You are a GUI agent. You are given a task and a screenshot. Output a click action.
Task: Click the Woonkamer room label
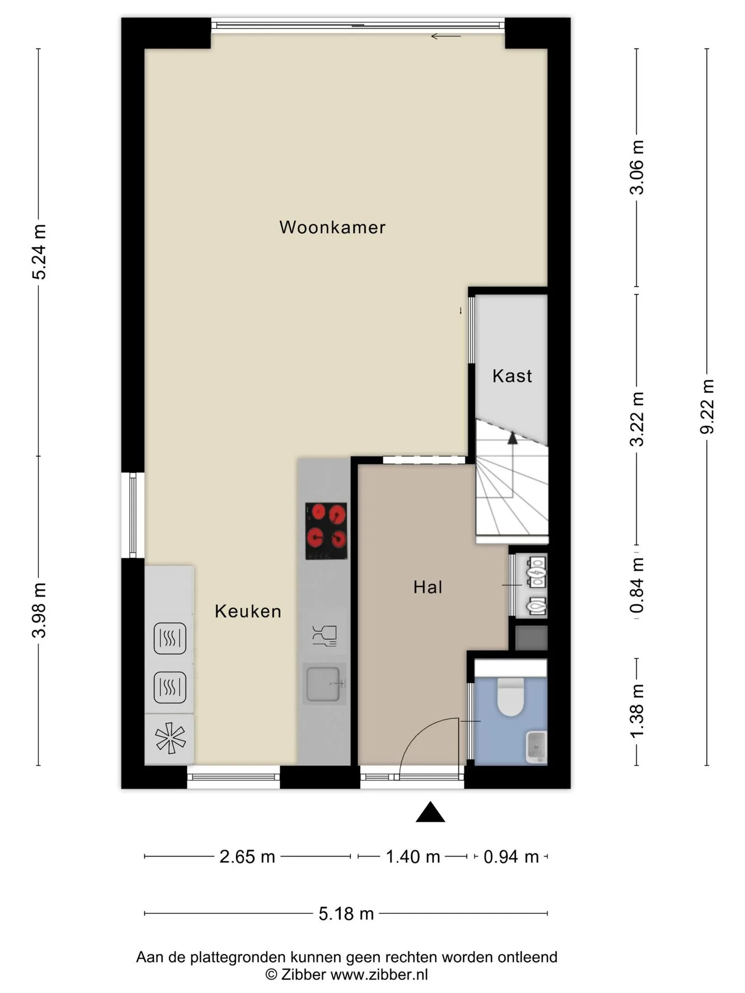click(x=332, y=227)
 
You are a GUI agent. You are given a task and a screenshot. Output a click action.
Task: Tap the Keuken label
click(x=248, y=611)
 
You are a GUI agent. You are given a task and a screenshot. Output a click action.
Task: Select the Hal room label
click(x=428, y=587)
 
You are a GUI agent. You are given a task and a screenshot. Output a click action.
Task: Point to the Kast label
click(x=512, y=376)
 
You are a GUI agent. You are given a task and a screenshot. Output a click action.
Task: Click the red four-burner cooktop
click(x=326, y=531)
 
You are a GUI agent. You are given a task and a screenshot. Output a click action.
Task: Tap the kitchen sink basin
click(x=324, y=684)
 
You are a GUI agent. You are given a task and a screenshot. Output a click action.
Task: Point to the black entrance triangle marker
click(x=430, y=811)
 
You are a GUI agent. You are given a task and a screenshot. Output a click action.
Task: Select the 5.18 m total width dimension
click(x=346, y=914)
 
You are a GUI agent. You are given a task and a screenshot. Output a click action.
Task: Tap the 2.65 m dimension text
click(x=247, y=857)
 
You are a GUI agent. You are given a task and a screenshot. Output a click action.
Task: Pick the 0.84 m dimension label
click(x=637, y=585)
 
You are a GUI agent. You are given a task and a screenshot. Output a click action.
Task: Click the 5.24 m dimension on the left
click(x=39, y=252)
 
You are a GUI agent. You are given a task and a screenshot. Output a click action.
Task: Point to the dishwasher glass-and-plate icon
click(x=325, y=636)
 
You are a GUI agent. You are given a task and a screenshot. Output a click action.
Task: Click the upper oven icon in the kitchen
click(x=170, y=638)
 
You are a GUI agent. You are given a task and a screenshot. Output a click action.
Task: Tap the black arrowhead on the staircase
click(x=512, y=439)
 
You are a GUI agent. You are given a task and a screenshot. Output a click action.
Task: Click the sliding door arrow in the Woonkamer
click(x=445, y=36)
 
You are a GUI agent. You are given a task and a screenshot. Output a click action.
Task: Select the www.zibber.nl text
click(x=379, y=975)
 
